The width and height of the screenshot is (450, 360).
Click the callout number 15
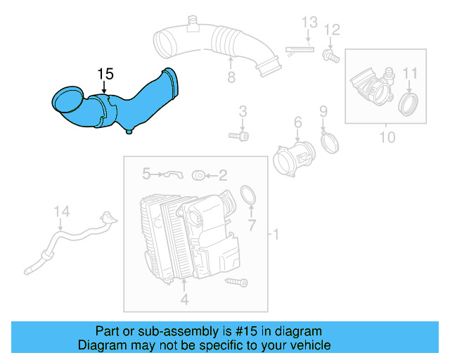[x=105, y=74]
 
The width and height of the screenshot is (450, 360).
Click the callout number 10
[x=387, y=136]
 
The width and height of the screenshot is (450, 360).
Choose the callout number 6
[x=297, y=123]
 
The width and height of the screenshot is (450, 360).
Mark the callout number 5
[x=146, y=172]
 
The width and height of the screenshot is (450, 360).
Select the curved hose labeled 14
[x=74, y=239]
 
